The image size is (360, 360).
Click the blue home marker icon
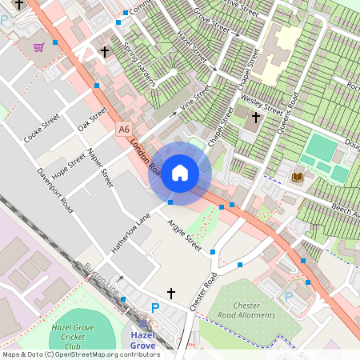pyautogui.click(x=180, y=173)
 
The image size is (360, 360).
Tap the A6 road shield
pyautogui.click(x=123, y=129)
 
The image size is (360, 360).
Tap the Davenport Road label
pyautogui.click(x=55, y=190)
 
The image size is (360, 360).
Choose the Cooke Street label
pyautogui.click(x=42, y=128)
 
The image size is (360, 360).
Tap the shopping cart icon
pyautogui.click(x=38, y=47)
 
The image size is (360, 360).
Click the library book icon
pyautogui.click(x=298, y=176)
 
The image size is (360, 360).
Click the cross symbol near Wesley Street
pyautogui.click(x=256, y=118)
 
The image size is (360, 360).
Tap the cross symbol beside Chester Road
pyautogui.click(x=170, y=294)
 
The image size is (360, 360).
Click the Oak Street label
pyautogui.click(x=93, y=121)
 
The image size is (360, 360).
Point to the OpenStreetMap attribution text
pyautogui.click(x=81, y=354)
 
